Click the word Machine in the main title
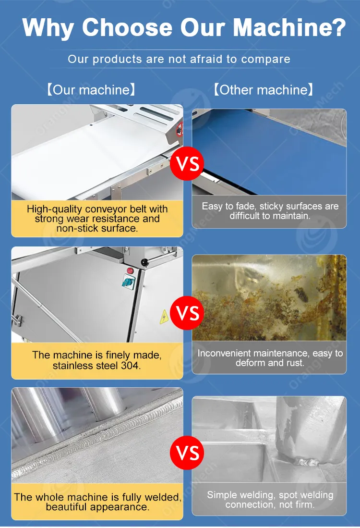pos(284,27)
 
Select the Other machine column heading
pos(264,90)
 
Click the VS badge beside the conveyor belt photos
pos(187,164)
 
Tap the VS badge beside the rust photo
pos(187,313)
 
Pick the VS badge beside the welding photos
pos(187,453)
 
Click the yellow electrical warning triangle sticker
pos(164,317)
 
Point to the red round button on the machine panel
pos(130,271)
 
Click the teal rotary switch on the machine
pos(128,282)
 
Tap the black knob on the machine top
pos(145,262)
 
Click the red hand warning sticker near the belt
pos(180,129)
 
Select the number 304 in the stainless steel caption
pos(130,366)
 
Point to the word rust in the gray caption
pos(295,363)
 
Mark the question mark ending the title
pos(340,27)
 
